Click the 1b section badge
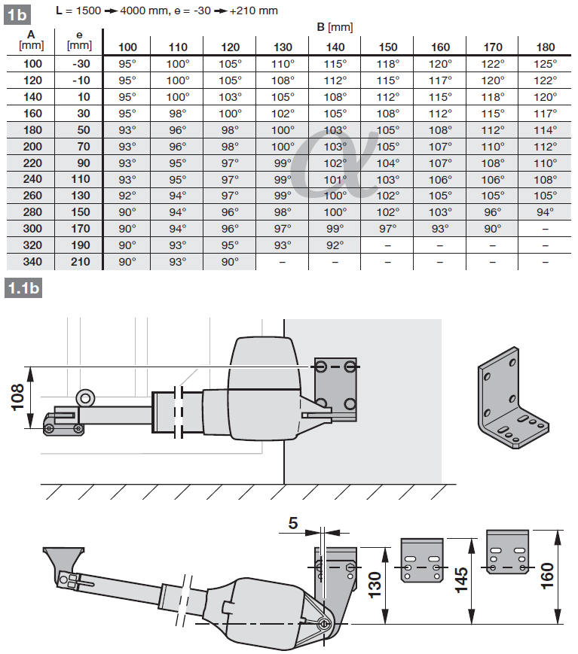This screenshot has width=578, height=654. click(x=17, y=14)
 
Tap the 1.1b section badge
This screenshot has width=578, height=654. click(x=23, y=288)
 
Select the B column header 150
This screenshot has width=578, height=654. click(x=388, y=47)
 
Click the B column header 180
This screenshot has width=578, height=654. click(x=546, y=47)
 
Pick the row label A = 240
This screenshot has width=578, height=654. click(x=32, y=179)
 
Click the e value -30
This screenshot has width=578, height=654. click(x=81, y=64)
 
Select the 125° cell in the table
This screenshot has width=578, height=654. click(x=546, y=64)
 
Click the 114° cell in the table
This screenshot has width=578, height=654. click(x=546, y=130)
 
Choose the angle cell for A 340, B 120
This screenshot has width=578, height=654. click(x=230, y=262)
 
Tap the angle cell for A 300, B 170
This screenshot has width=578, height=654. click(x=493, y=229)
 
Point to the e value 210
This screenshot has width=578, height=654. click(x=81, y=262)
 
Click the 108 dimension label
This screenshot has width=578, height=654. click(x=18, y=397)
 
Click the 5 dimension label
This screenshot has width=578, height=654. click(x=293, y=523)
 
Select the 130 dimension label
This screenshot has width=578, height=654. click(x=375, y=585)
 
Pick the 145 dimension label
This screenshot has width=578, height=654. click(x=461, y=579)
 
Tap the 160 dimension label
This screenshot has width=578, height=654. click(x=547, y=576)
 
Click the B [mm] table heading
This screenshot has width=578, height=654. click(x=335, y=28)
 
